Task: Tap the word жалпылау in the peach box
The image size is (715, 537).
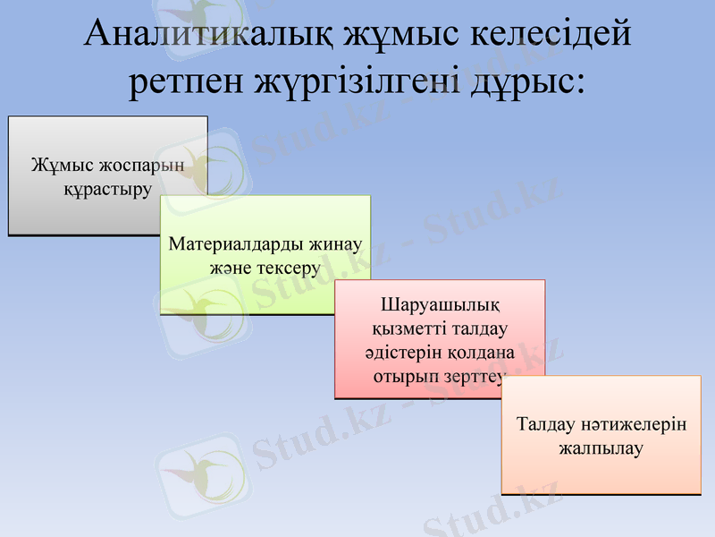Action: pos(601,447)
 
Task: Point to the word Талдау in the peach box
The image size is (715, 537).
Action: pos(546,423)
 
